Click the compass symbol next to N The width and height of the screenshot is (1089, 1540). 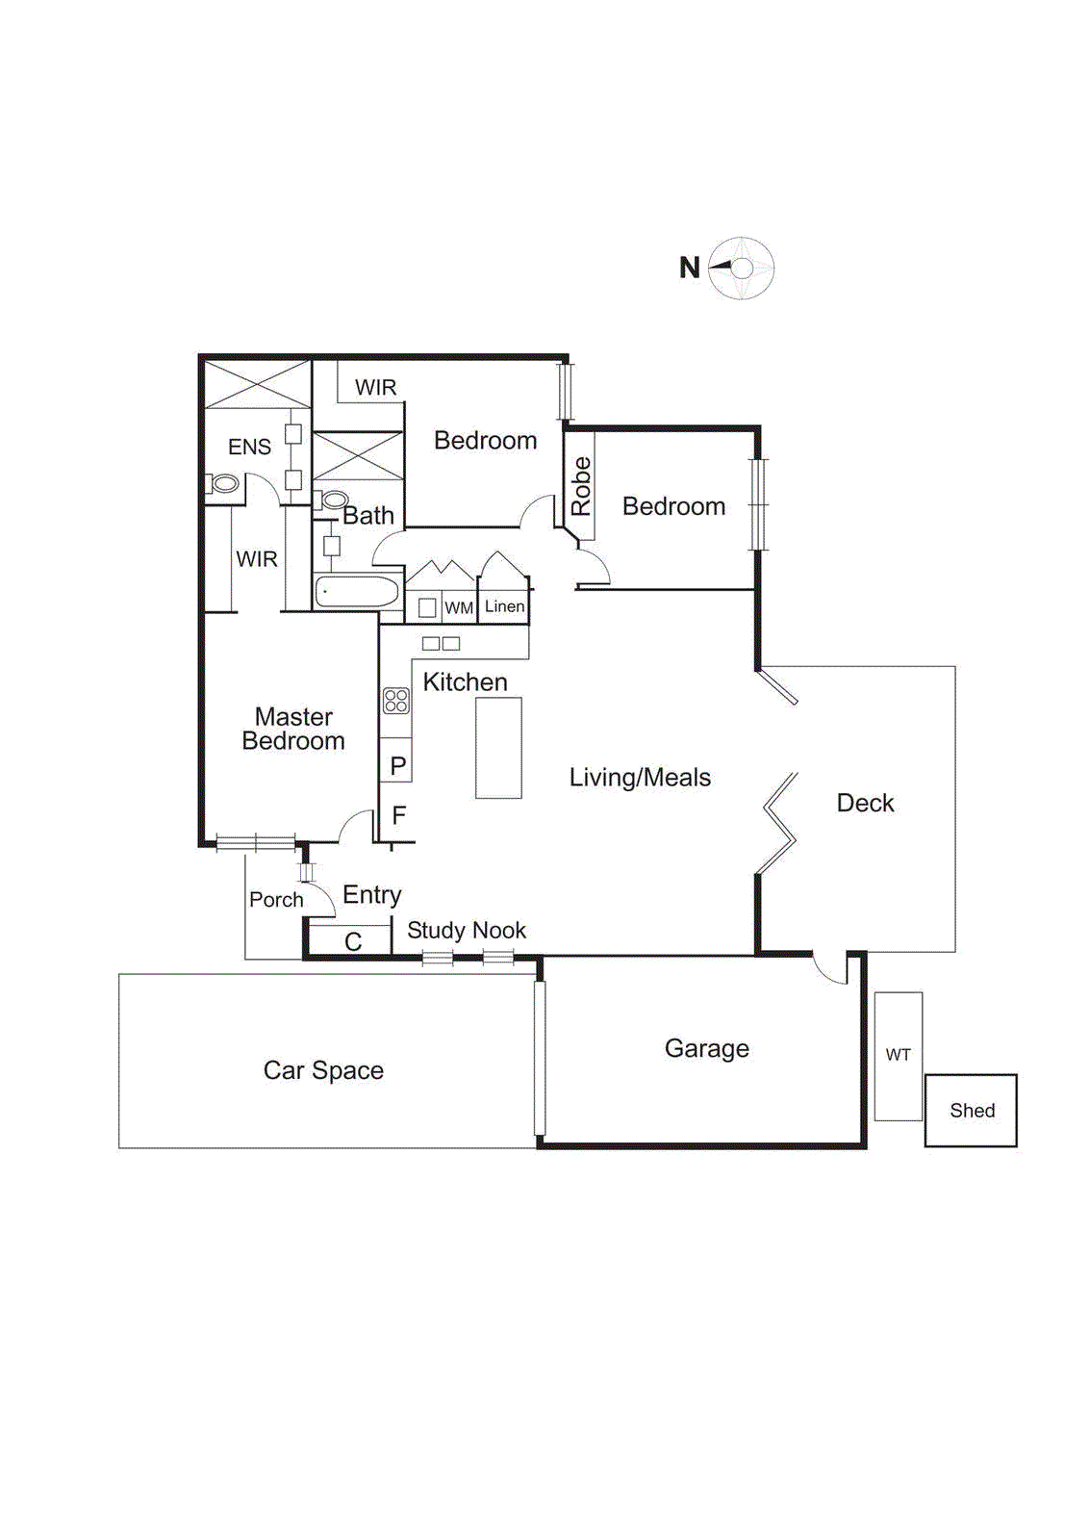tap(742, 269)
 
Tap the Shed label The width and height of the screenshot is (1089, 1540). tap(972, 1110)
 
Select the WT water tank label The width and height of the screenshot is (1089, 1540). tap(898, 1055)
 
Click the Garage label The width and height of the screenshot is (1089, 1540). tap(706, 1049)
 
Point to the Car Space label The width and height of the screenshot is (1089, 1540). tap(323, 1070)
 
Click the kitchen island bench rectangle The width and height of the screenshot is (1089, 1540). tap(499, 748)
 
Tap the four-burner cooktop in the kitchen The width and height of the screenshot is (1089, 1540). tap(396, 701)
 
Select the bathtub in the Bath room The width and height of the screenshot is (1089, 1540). tap(357, 592)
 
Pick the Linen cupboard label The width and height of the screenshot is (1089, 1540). tap(504, 606)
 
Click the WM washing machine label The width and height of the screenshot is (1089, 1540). tap(458, 608)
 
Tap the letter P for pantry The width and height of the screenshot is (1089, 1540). tap(398, 765)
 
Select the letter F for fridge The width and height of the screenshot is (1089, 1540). tap(398, 815)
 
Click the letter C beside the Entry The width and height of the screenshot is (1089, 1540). tap(353, 942)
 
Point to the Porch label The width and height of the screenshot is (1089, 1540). tap(275, 899)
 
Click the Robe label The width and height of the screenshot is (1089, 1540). tap(581, 486)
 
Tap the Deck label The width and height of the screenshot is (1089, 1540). tap(865, 803)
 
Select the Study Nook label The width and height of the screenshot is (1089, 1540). tap(466, 930)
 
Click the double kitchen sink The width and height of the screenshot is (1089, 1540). tap(441, 644)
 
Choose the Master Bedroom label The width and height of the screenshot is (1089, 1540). tap(293, 729)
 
